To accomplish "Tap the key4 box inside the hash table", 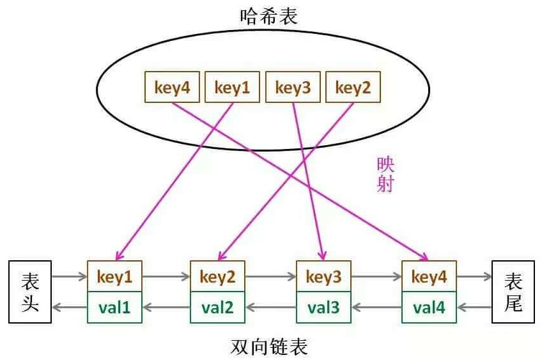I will pos(173,87).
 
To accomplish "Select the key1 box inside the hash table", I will pos(232,87).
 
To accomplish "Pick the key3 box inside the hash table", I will pos(293,87).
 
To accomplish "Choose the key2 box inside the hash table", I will pos(353,87).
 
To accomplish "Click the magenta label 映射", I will pos(385,175).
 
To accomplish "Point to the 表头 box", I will pos(30,292).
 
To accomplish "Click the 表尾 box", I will pos(513,292).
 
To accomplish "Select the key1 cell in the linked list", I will pos(114,277).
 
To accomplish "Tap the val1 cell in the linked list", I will pos(114,308).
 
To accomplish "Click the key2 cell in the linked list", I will pos(218,277).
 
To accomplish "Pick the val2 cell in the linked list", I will pos(218,308).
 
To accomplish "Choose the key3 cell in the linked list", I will pos(324,277).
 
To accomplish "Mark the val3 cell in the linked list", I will pos(324,308).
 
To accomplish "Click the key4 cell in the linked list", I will pos(429,277).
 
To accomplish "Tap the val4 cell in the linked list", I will pos(429,308).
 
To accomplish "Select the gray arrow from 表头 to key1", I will pos(69,277).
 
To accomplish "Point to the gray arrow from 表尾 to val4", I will pos(474,308).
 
